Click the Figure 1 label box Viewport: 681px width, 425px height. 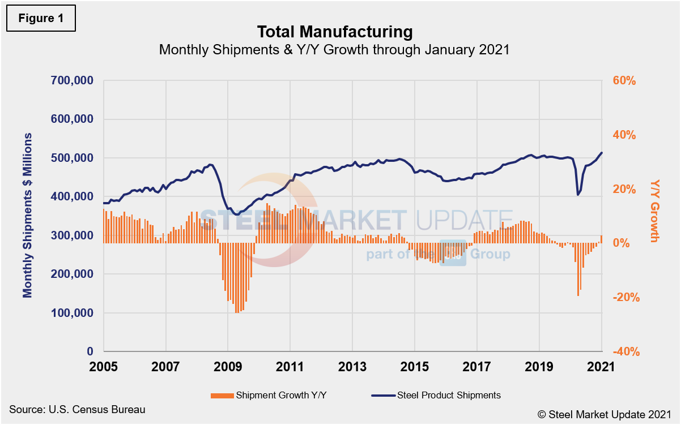(x=41, y=19)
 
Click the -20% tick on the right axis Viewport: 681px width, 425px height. (x=625, y=298)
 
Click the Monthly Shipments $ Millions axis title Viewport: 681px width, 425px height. (x=27, y=216)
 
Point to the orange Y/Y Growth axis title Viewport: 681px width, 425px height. (x=655, y=211)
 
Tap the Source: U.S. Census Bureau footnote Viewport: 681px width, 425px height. (x=77, y=409)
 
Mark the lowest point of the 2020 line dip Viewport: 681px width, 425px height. (x=578, y=195)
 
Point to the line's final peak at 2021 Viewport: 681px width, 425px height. (x=601, y=152)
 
